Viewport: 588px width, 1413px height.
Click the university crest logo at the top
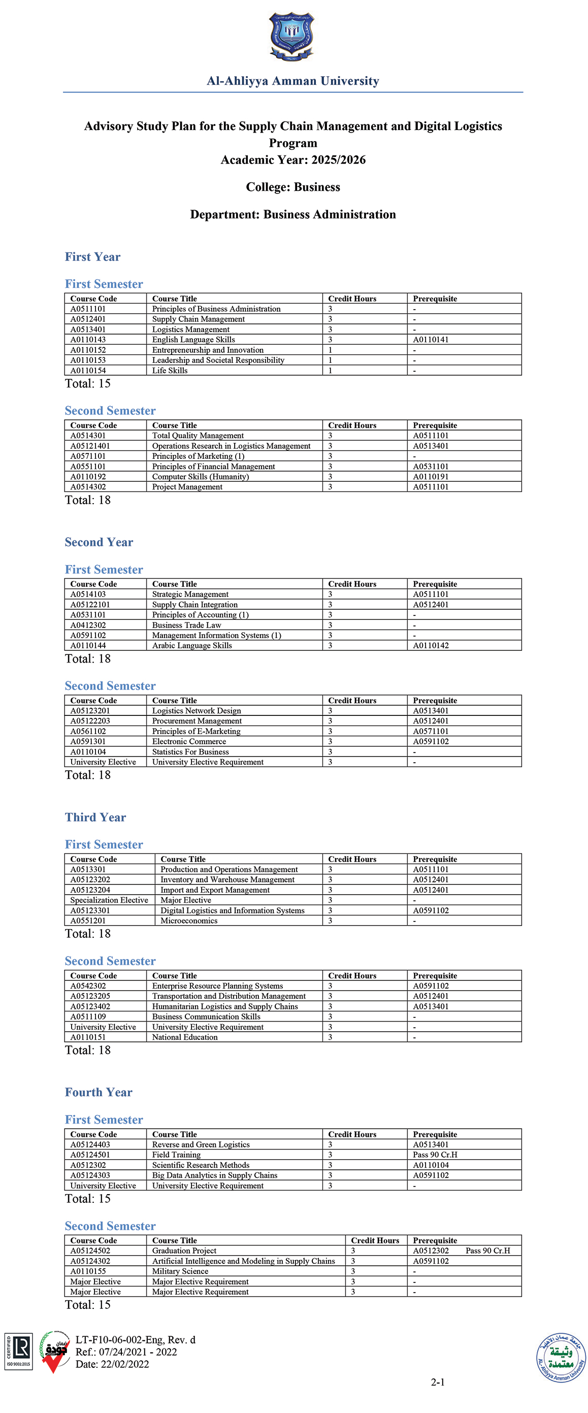pyautogui.click(x=291, y=36)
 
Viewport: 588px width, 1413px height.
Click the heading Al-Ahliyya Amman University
pyautogui.click(x=293, y=81)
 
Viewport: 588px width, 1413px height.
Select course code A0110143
pyautogui.click(x=88, y=340)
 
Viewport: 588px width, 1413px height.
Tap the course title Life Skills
pyautogui.click(x=170, y=371)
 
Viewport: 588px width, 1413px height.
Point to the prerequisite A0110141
pyautogui.click(x=431, y=340)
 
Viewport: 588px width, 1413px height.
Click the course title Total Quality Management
pyautogui.click(x=198, y=436)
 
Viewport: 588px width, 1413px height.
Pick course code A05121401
pyautogui.click(x=90, y=446)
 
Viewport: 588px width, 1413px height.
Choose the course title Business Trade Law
pyautogui.click(x=186, y=626)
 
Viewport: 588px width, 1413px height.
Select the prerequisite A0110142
pyautogui.click(x=431, y=646)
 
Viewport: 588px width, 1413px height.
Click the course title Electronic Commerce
pyautogui.click(x=189, y=742)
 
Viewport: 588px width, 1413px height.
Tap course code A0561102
pyautogui.click(x=88, y=731)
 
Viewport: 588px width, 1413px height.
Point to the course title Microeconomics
pyautogui.click(x=189, y=921)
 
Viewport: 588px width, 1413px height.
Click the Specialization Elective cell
pyautogui.click(x=109, y=900)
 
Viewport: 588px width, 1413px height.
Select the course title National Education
pyautogui.click(x=185, y=1037)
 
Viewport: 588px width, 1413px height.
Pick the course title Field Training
pyautogui.click(x=176, y=1155)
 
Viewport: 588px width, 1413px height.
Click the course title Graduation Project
pyautogui.click(x=184, y=1251)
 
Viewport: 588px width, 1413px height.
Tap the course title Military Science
pyautogui.click(x=180, y=1271)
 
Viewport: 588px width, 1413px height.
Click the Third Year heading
pyautogui.click(x=95, y=817)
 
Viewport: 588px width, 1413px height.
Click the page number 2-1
pyautogui.click(x=437, y=1382)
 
